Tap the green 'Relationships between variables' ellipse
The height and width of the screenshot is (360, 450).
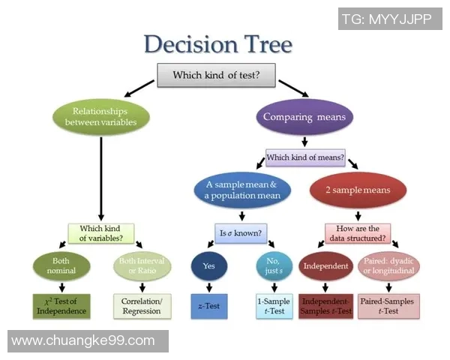click(101, 116)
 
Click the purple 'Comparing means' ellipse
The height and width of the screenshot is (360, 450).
click(303, 116)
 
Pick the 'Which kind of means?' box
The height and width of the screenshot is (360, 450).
click(306, 158)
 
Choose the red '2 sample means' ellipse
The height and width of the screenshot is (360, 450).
click(358, 190)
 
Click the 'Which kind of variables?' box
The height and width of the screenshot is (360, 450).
click(101, 233)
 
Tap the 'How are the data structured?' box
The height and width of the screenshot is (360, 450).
click(358, 233)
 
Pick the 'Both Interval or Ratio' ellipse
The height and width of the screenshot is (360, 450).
click(142, 265)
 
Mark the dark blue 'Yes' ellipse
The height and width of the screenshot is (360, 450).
click(209, 266)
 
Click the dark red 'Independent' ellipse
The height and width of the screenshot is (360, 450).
click(325, 266)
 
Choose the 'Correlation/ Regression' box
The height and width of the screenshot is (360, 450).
click(142, 305)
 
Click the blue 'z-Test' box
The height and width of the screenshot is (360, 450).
click(209, 306)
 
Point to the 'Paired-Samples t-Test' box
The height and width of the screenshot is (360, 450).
click(390, 306)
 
